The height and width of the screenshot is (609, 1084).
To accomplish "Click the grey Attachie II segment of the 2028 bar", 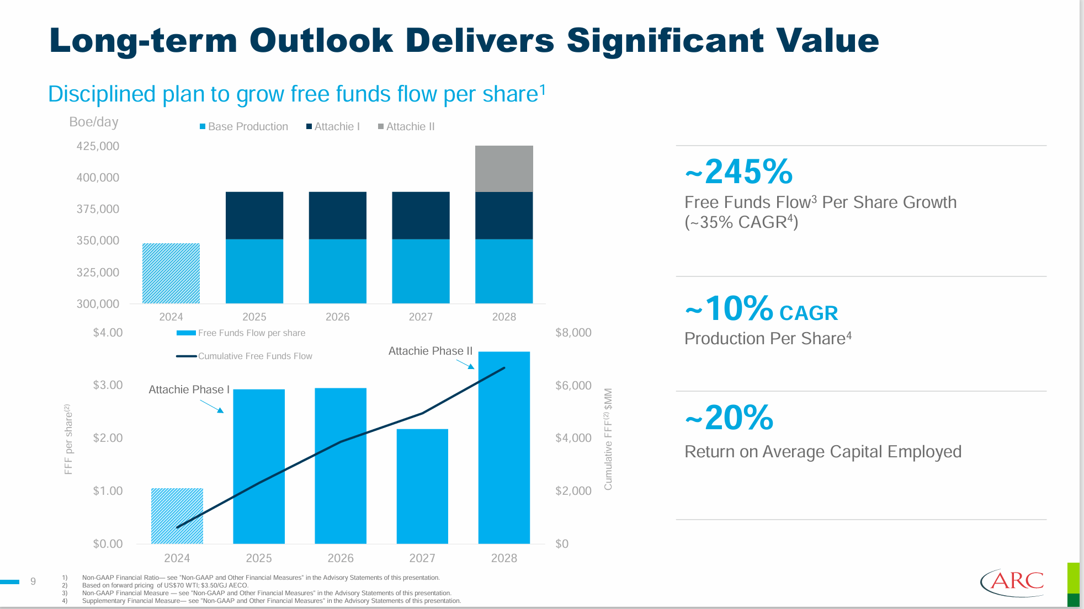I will click(x=504, y=169).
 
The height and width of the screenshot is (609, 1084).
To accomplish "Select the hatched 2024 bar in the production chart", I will click(x=171, y=273).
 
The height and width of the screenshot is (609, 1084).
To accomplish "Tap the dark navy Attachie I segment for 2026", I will click(x=337, y=215).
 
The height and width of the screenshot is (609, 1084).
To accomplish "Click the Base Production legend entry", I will click(x=244, y=126).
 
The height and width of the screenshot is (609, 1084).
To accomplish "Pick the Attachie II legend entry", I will click(x=407, y=126).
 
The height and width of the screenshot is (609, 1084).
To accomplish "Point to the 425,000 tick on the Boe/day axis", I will click(x=98, y=146).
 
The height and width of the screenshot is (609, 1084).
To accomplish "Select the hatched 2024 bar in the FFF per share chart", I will click(x=177, y=516).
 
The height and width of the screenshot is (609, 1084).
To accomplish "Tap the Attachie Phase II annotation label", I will click(x=431, y=351).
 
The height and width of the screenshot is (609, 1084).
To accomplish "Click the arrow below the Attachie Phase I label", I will click(x=212, y=407).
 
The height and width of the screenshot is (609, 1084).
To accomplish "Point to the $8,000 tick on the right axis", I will click(x=573, y=333).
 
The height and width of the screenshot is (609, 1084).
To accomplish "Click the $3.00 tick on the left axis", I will click(x=108, y=385).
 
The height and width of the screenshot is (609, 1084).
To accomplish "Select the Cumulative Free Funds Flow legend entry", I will click(x=245, y=356).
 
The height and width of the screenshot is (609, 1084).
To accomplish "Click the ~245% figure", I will click(x=739, y=172).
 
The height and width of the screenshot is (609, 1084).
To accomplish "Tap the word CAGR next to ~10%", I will click(x=809, y=313).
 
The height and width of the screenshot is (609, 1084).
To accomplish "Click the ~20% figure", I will click(x=729, y=418).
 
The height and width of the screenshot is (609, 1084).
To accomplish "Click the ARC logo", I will click(x=1012, y=583).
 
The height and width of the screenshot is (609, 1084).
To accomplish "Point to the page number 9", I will click(x=33, y=581).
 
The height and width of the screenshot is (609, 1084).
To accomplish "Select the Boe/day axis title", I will click(x=94, y=122).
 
